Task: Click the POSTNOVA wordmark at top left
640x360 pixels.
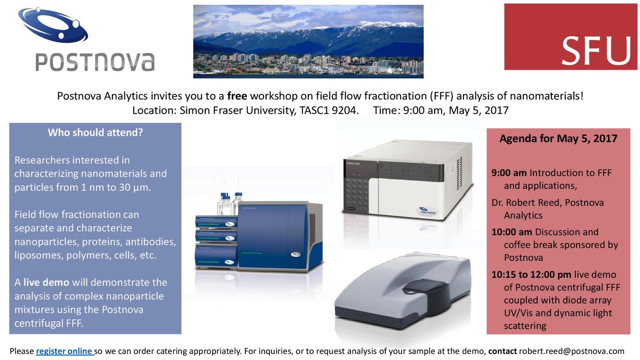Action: pos(95,61)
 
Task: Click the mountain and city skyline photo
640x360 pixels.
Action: pos(308,41)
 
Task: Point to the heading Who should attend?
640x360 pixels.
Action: pos(95,133)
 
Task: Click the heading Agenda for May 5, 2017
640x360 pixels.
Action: pos(558,139)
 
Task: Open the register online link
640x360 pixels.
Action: pos(65,351)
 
